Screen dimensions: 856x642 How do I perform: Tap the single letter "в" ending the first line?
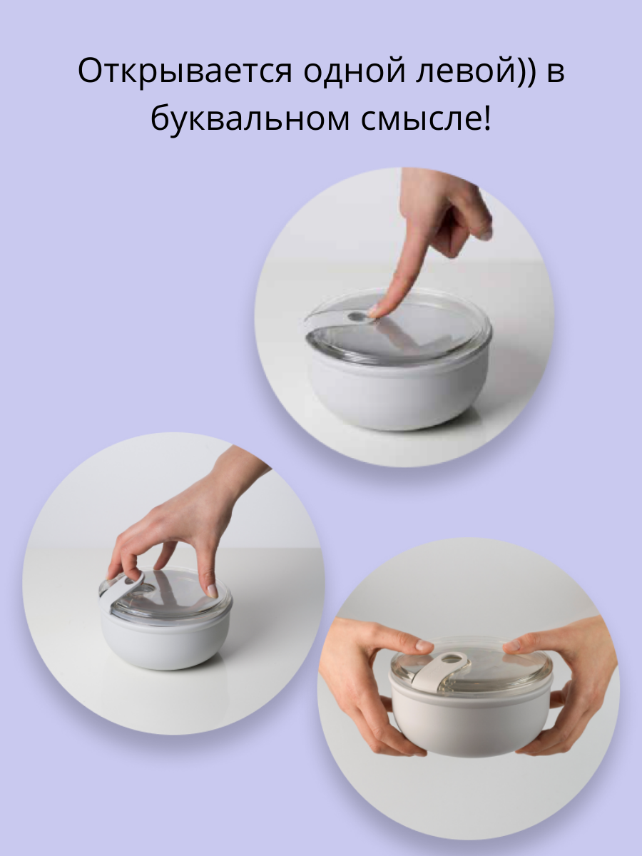pyautogui.click(x=556, y=73)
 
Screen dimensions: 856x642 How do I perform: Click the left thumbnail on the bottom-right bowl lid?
pyautogui.click(x=424, y=646)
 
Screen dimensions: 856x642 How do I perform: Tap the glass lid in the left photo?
pyautogui.click(x=178, y=596)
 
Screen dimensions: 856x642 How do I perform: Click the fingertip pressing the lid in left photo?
pyautogui.click(x=211, y=591)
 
